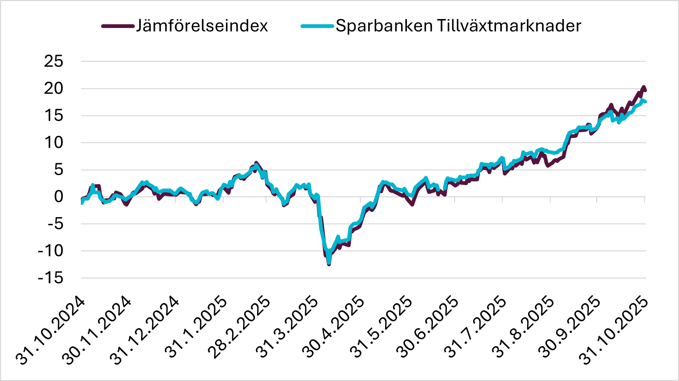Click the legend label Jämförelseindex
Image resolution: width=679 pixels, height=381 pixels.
pyautogui.click(x=202, y=26)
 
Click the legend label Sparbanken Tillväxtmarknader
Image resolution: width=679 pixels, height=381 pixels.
pyautogui.click(x=458, y=26)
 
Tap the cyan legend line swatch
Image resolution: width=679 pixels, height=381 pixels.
pyautogui.click(x=317, y=26)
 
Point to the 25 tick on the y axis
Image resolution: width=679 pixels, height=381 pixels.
pyautogui.click(x=54, y=61)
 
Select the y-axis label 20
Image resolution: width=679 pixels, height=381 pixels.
pyautogui.click(x=54, y=89)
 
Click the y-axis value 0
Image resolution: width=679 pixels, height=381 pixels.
pyautogui.click(x=59, y=197)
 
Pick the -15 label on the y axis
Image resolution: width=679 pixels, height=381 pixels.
pyautogui.click(x=51, y=278)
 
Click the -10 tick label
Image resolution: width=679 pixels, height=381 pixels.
pyautogui.click(x=51, y=251)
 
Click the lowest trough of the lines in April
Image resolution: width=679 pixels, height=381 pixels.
pyautogui.click(x=329, y=264)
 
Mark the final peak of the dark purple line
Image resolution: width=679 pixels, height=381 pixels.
pyautogui.click(x=643, y=87)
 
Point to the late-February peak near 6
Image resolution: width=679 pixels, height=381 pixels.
pyautogui.click(x=256, y=163)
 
